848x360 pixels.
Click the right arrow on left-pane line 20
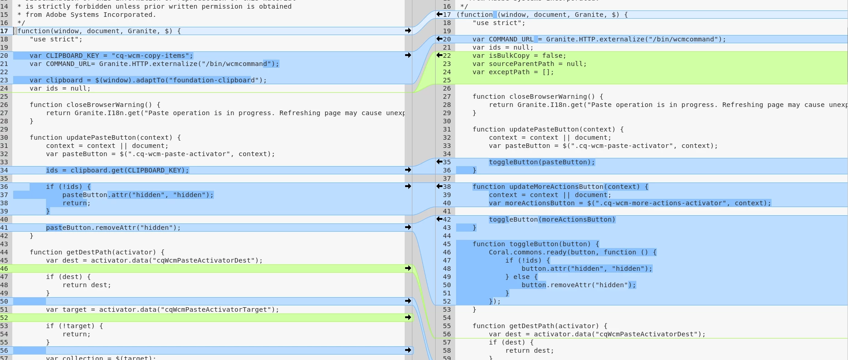408,56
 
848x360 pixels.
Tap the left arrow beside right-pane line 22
439,56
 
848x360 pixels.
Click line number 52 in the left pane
5,318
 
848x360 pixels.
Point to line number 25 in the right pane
447,80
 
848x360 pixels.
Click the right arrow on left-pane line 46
408,269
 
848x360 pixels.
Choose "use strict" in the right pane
498,23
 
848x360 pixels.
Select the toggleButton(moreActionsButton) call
552,219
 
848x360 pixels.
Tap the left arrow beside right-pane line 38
439,187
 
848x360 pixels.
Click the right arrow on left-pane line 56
408,350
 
